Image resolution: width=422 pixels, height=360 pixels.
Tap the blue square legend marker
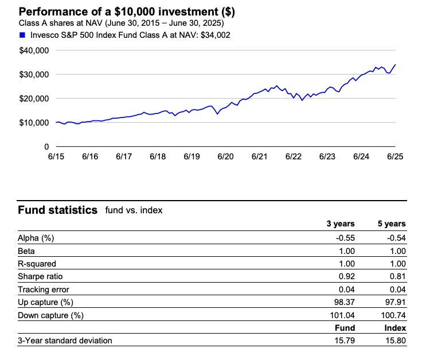[22, 35]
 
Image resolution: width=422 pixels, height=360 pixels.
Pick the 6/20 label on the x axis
[225, 156]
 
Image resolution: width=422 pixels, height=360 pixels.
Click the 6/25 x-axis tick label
[395, 156]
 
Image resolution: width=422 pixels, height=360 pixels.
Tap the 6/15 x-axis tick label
[56, 156]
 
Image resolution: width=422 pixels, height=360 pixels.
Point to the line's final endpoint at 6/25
[396, 65]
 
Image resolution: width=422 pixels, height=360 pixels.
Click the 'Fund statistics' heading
[58, 210]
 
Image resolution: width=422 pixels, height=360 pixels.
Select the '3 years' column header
[341, 224]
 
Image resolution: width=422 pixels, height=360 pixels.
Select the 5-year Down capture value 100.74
[393, 315]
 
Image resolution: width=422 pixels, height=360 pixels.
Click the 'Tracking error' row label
[43, 289]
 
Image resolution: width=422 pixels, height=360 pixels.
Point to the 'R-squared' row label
[38, 264]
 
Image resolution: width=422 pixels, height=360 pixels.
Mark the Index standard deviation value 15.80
[395, 341]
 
